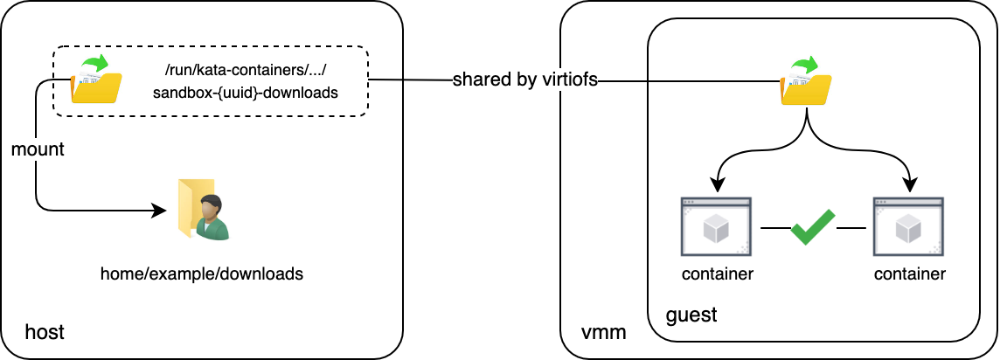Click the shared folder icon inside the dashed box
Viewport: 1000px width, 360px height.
click(x=95, y=80)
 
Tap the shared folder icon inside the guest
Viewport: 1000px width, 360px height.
click(x=805, y=82)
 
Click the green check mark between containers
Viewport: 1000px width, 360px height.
click(x=813, y=227)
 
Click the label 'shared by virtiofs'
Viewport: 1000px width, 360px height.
click(x=524, y=80)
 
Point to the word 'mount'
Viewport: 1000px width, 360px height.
click(x=38, y=149)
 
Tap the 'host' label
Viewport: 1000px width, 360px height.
click(x=45, y=332)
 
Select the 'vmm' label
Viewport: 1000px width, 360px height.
click(x=601, y=332)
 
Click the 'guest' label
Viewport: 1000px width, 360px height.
click(x=691, y=315)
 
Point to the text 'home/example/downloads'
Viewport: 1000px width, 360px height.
click(x=202, y=273)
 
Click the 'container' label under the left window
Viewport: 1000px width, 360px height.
click(x=717, y=274)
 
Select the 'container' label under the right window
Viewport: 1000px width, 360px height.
click(x=909, y=274)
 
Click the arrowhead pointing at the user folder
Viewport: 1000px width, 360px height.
click(x=159, y=211)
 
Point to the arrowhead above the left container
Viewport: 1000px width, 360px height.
click(x=717, y=185)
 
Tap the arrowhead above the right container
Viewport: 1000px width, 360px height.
click(x=909, y=185)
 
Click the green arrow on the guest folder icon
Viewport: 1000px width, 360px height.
click(x=810, y=66)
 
